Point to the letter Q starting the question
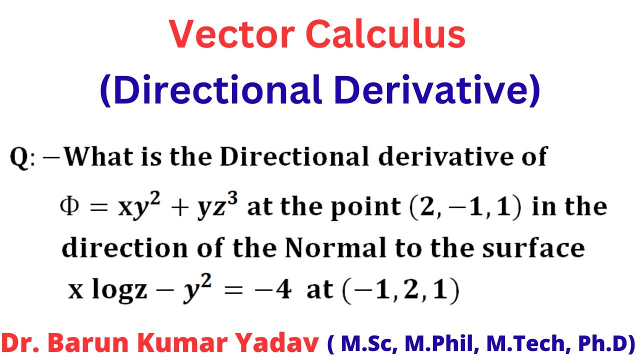point(20,158)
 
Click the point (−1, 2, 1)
point(399,291)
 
